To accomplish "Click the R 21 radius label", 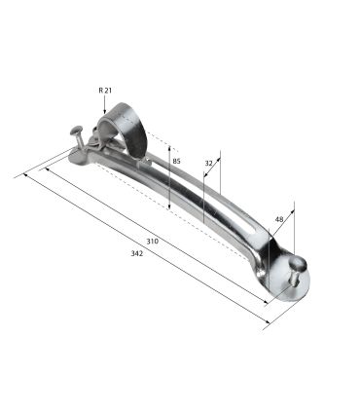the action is (105, 91).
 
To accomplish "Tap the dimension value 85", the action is (176, 161).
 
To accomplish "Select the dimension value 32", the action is (208, 164).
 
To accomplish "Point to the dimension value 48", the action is (279, 219).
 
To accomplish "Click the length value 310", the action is (153, 242).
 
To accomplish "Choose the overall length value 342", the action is (136, 253).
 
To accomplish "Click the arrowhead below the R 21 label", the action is (104, 112).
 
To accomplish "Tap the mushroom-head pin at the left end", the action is (78, 136).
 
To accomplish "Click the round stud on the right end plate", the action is (297, 268).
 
